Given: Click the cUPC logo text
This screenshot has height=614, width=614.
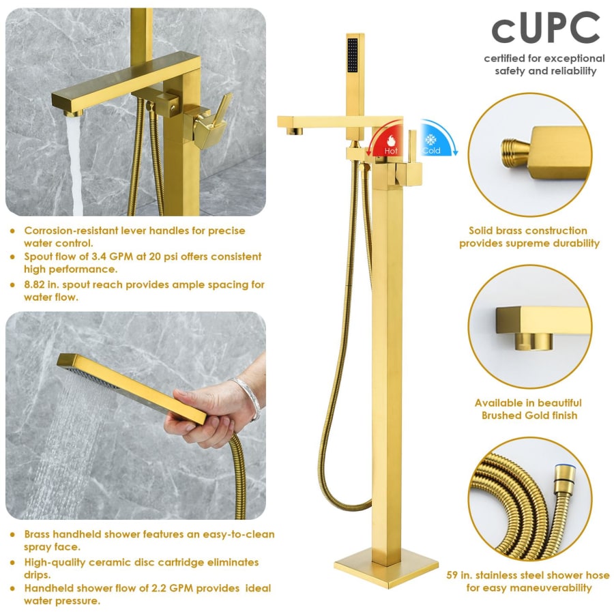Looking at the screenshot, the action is tap(546, 27).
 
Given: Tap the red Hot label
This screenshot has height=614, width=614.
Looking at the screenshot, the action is tap(391, 151).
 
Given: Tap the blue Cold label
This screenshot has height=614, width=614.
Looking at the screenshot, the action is tap(432, 151).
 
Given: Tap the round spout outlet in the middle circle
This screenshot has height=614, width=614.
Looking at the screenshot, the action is tap(534, 341).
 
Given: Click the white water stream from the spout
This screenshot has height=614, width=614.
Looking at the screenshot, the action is tap(75, 164).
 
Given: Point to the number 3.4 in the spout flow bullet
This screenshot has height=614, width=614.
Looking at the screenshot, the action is tap(99, 257).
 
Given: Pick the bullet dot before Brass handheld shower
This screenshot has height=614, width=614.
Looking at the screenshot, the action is tap(12, 534).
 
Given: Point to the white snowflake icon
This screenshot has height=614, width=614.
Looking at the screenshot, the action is tap(431, 140).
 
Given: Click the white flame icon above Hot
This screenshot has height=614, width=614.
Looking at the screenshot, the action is tap(391, 140).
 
